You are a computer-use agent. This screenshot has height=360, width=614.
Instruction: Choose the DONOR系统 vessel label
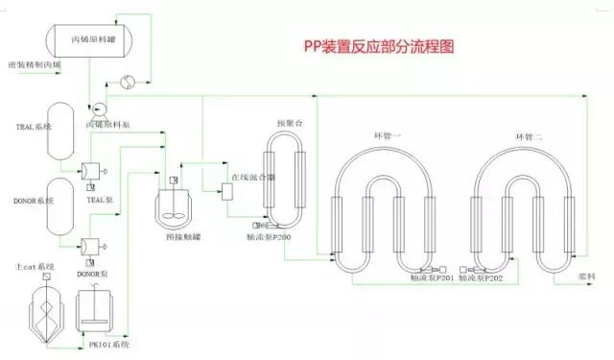(x=34, y=201)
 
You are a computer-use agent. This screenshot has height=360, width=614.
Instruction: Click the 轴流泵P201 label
(x=432, y=278)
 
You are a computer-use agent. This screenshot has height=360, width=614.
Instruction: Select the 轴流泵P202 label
(x=481, y=278)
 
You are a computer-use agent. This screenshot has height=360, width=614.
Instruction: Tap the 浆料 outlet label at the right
(x=586, y=276)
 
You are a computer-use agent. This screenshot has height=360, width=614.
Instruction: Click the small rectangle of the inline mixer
(x=227, y=190)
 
